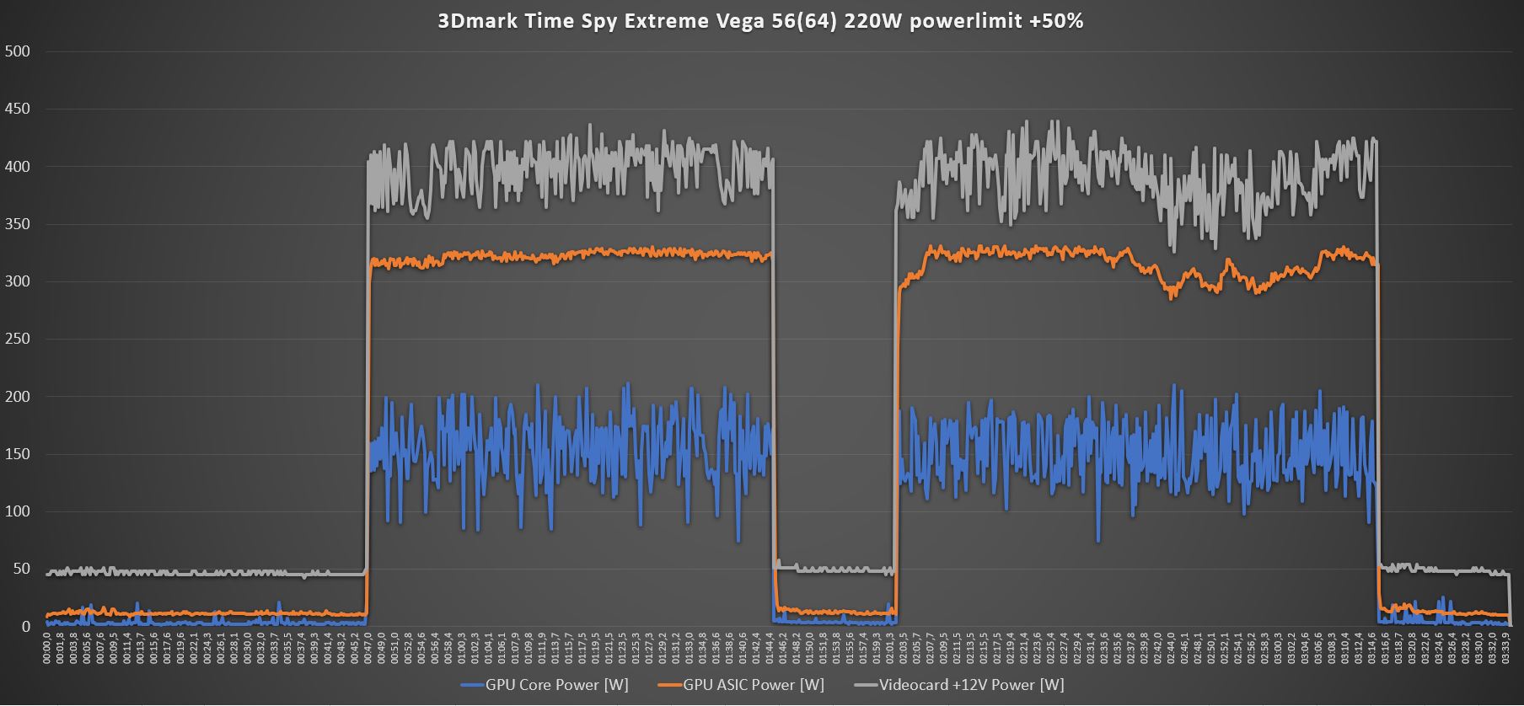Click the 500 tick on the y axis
17,51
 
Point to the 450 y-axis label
17,109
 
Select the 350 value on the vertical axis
17,224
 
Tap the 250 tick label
17,339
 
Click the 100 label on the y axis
17,511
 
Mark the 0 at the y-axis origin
25,626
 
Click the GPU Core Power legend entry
556,684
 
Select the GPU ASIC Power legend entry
753,684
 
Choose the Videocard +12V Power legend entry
971,684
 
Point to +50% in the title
1055,21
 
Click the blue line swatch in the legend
472,684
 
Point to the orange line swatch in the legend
669,684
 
